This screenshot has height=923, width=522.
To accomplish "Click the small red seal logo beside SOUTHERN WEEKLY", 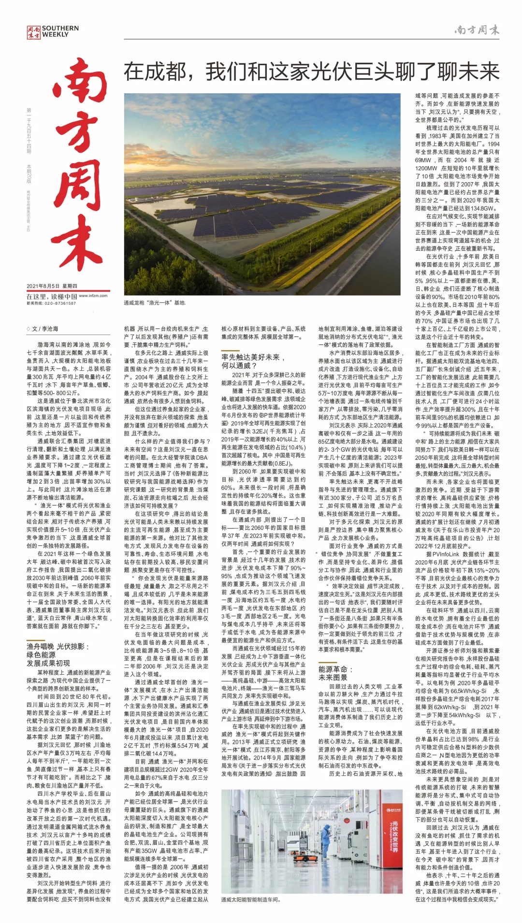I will [33, 32].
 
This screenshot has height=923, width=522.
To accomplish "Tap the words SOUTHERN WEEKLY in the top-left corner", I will [60, 31].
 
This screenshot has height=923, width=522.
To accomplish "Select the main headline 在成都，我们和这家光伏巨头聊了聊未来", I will [311, 72].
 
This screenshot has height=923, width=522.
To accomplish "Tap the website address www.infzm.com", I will [93, 296].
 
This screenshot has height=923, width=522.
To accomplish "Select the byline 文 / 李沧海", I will [43, 328].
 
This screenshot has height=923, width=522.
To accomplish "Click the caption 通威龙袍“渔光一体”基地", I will [155, 303].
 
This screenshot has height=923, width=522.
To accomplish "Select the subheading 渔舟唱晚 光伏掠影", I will [58, 646].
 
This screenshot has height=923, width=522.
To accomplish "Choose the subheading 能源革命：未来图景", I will [336, 673].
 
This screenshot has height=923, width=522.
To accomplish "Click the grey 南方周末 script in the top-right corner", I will [477, 30].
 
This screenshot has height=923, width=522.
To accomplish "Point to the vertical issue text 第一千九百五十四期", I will [29, 131].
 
